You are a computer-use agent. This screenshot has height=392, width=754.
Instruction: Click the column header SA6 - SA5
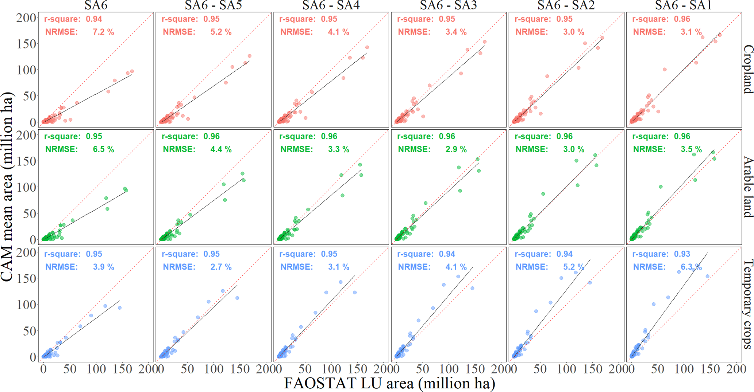(x=213, y=5)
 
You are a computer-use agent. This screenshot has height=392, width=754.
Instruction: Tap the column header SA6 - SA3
(x=448, y=5)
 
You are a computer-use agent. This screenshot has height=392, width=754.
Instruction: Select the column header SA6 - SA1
(x=683, y=5)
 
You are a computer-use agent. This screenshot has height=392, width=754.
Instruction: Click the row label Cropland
(x=748, y=69)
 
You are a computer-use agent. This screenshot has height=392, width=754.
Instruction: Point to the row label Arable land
(x=748, y=187)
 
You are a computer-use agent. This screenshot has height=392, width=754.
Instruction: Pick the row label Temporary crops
(x=748, y=304)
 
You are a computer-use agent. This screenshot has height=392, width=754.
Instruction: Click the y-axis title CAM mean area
(x=7, y=187)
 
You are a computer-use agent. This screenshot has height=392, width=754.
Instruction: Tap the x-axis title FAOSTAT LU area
(x=389, y=383)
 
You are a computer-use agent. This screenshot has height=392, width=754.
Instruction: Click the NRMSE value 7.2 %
(x=103, y=32)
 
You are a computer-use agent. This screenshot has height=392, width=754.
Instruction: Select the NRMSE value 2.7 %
(x=221, y=267)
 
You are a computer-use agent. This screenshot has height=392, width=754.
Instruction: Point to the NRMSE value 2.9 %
(x=456, y=149)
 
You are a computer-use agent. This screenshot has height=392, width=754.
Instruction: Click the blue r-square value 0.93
(x=682, y=254)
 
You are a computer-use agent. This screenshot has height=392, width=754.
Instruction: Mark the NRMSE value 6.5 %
(x=103, y=149)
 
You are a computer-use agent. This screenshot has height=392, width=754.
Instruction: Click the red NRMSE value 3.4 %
(x=456, y=32)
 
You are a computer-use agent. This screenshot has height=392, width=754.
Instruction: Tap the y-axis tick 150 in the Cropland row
(x=27, y=44)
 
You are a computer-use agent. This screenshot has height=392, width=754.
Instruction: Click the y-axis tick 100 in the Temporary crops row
(x=27, y=305)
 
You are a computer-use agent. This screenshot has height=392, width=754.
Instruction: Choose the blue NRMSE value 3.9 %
(x=103, y=267)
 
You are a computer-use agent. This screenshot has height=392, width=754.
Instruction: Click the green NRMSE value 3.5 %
(x=691, y=149)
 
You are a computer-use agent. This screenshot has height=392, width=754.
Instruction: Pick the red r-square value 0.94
(x=94, y=19)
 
